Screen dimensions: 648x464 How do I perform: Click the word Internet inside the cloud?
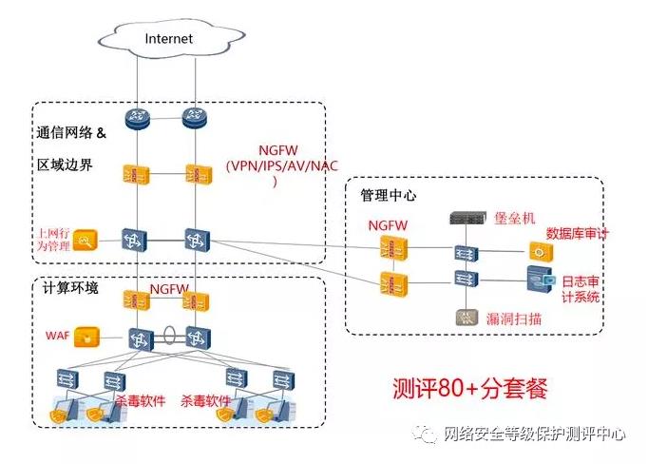point(168,38)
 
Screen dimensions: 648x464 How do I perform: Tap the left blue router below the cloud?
point(137,118)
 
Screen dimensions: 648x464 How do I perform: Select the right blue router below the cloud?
point(194,118)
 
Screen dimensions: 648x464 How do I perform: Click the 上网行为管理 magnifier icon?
point(86,241)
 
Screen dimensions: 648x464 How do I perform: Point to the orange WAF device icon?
point(87,338)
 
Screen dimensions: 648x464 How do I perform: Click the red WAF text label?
point(57,336)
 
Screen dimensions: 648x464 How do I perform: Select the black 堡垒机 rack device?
point(468,218)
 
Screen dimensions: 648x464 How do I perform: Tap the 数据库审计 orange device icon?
point(541,251)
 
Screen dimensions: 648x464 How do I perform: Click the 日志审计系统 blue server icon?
point(540,280)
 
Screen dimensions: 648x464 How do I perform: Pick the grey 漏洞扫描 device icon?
point(467,318)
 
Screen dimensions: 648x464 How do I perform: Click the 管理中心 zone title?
point(389,195)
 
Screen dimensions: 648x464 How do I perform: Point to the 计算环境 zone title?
point(70,287)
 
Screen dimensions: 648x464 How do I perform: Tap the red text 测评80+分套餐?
point(470,388)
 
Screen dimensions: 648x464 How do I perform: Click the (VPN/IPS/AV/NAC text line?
point(282,165)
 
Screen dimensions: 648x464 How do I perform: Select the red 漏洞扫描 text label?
point(514,319)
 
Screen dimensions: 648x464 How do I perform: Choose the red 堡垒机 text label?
point(515,218)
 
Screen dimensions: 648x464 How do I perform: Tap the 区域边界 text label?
point(65,164)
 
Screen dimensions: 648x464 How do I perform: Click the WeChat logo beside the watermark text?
point(424,434)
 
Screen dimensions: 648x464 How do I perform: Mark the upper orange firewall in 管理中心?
point(393,247)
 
